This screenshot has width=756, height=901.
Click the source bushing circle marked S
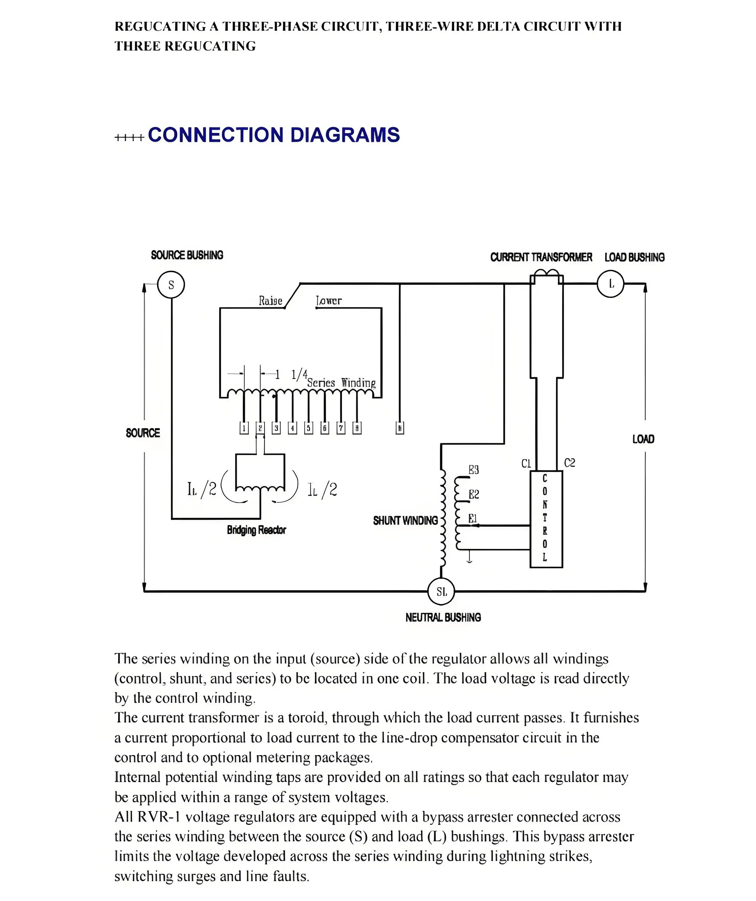point(171,285)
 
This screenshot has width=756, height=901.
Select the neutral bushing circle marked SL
point(441,592)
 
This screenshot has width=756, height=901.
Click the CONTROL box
point(546,519)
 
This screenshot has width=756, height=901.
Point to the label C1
point(526,464)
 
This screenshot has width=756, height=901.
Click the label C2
point(569,463)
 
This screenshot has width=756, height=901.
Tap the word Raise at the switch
point(270,301)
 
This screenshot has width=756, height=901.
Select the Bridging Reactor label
point(256,530)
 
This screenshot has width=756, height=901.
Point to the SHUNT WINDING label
point(405,521)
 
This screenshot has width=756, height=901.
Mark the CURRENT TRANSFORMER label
point(541,257)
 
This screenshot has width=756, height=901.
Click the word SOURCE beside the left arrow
point(143,433)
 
